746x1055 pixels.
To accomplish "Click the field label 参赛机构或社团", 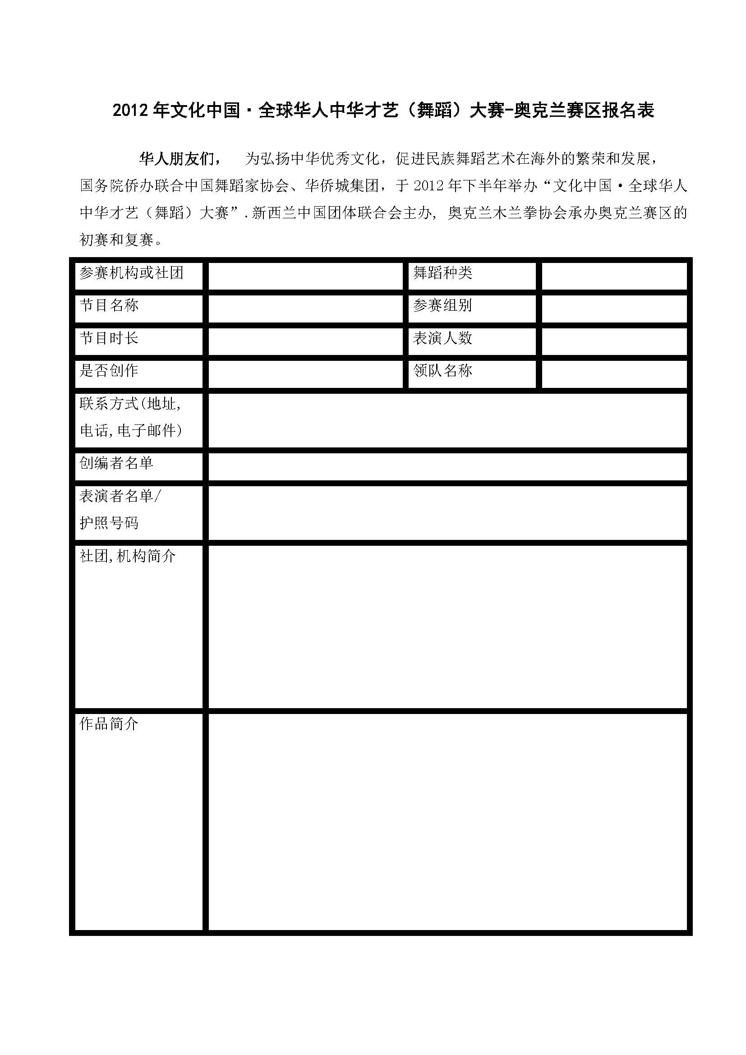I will pos(131,273).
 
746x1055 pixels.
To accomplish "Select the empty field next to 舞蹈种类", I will pos(614,276).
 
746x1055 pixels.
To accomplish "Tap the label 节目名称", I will pos(109,305).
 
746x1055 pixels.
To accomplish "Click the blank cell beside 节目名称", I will pos(305,309).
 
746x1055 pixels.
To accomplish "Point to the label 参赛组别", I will pos(442,305).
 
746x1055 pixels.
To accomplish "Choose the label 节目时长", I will pos(109,339).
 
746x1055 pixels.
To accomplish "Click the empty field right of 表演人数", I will pos(614,341).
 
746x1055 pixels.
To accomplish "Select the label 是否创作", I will pos(109,371).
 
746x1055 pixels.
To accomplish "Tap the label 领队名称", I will pos(442,371).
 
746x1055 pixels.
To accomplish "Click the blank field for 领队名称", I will pos(614,374).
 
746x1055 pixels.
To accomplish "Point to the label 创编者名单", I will pos(116,463).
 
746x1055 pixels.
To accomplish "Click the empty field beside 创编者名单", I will pos(447,467).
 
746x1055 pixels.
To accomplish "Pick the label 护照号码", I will pos(109,523).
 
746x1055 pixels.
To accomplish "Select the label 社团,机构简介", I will pos(128,557).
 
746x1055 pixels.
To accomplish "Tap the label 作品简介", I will pos(109,724).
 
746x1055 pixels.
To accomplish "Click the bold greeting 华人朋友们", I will pos(177,159).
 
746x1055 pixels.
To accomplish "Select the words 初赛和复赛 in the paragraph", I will pos(116,240).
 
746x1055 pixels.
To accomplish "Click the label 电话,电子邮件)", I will pos(131,431).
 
